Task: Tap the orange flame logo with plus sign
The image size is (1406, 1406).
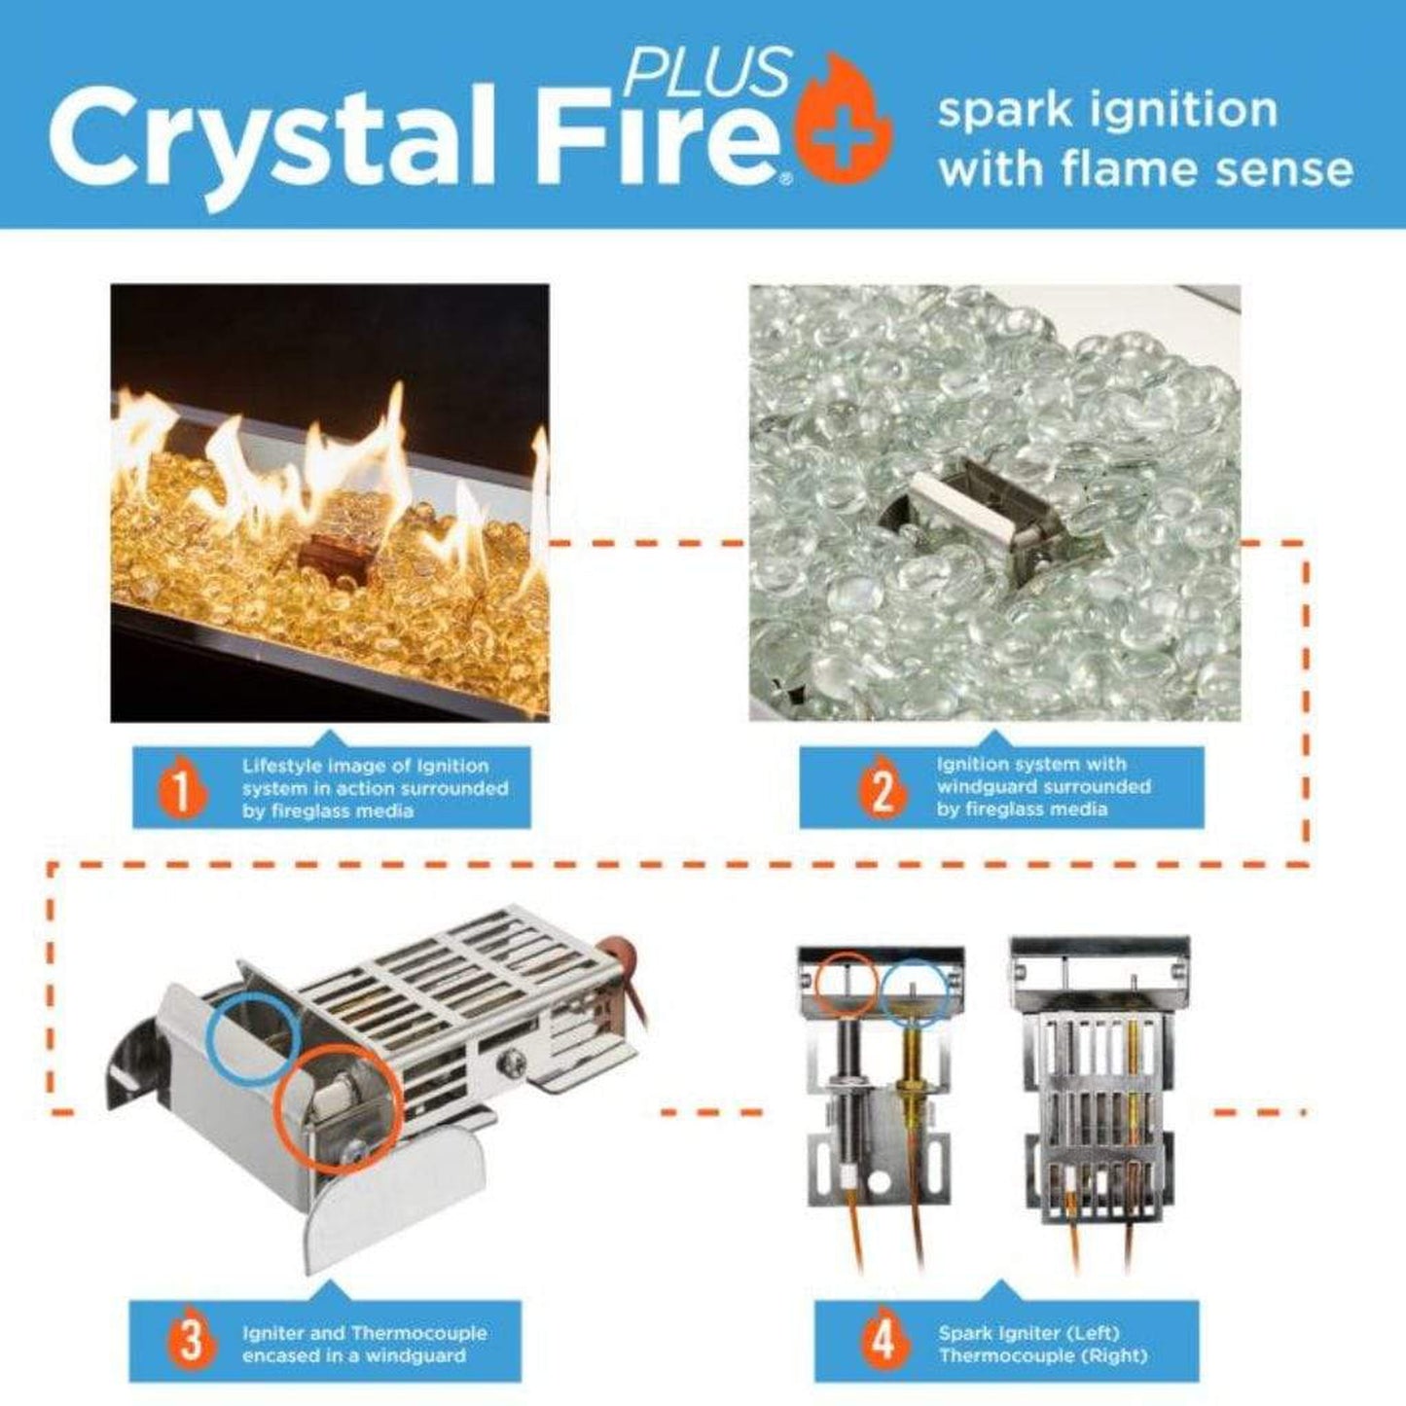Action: (843, 125)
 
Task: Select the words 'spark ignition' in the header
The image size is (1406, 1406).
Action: (1107, 109)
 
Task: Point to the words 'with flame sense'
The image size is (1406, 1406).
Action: (1145, 167)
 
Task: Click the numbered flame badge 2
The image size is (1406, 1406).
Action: (881, 789)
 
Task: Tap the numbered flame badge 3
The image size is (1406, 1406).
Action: (191, 1343)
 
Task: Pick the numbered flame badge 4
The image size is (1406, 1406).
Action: (883, 1343)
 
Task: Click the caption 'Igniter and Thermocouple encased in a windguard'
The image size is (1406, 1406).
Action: (364, 1344)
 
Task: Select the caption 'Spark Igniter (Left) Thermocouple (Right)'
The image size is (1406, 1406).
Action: (1042, 1344)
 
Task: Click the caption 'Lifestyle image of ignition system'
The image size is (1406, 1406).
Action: (375, 788)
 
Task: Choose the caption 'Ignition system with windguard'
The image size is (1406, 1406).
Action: (1043, 787)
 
